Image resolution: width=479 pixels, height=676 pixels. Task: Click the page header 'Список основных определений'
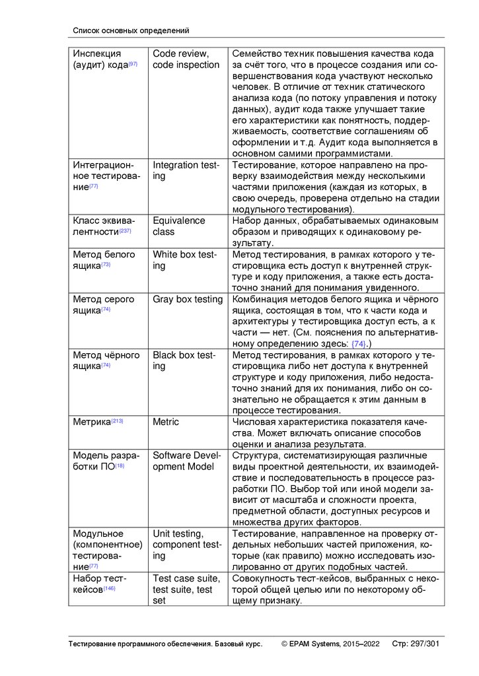coord(131,30)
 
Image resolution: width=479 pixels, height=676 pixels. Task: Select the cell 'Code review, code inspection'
coord(186,59)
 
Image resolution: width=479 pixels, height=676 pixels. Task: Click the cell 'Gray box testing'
coord(188,299)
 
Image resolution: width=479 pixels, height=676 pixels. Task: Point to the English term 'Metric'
coord(166,422)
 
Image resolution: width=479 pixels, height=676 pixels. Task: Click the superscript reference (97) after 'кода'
coord(133,64)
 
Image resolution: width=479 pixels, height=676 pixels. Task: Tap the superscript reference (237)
coord(126,231)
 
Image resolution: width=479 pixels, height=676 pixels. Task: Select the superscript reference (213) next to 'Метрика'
coord(117,421)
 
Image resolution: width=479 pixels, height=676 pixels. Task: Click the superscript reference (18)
coord(120,466)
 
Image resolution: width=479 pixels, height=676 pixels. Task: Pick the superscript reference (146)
coord(109,588)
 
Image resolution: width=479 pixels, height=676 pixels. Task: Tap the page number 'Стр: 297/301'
coord(416,644)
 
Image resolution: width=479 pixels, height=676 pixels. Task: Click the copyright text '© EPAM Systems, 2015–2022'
coord(330,644)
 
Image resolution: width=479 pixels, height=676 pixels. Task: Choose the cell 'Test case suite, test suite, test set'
coord(183,590)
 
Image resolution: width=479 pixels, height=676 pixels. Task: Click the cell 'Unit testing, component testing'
coord(187,545)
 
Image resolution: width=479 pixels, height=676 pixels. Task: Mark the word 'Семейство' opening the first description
coord(260,53)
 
